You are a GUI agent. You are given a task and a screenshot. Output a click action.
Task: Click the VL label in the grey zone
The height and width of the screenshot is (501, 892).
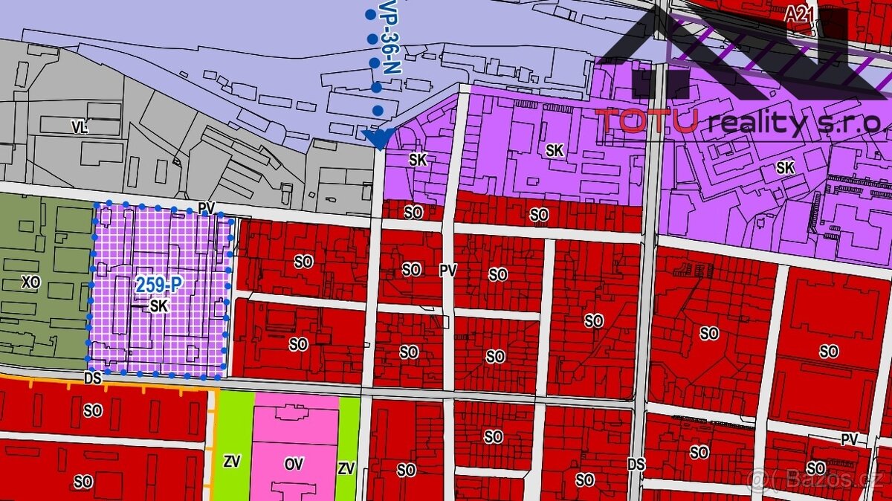(80, 128)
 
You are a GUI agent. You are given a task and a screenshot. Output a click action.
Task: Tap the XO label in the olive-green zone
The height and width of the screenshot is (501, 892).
(30, 282)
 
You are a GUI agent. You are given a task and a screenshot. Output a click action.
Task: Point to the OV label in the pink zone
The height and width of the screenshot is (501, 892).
(294, 464)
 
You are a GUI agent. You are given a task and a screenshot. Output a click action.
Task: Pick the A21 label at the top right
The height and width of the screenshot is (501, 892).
(798, 13)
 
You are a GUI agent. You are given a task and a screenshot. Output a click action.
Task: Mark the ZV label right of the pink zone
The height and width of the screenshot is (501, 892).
(346, 468)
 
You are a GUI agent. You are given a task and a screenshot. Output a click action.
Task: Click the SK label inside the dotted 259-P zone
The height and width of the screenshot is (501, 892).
(158, 306)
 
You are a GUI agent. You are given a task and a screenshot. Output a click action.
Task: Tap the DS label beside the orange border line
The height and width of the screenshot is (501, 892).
(92, 378)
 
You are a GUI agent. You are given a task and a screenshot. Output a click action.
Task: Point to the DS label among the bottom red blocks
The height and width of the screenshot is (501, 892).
(636, 465)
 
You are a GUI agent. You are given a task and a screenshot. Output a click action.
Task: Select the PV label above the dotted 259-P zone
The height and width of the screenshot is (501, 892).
(207, 209)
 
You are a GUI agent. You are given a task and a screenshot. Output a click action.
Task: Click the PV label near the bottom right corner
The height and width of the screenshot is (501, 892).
(849, 440)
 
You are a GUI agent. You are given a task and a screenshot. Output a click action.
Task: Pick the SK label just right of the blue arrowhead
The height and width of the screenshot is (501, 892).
(418, 159)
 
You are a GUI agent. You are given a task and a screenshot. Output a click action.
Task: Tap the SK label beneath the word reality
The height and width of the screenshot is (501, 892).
(785, 168)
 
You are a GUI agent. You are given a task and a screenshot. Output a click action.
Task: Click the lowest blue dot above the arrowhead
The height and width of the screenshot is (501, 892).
(378, 111)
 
